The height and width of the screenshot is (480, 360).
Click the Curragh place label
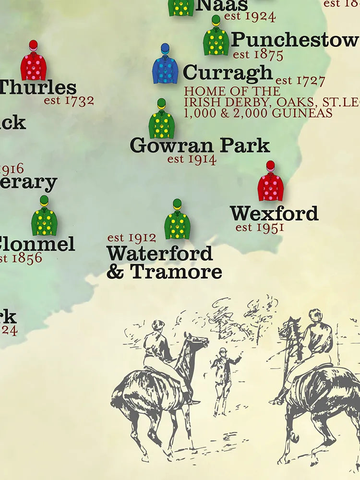click(x=228, y=73)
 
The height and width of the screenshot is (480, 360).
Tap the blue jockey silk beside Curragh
click(x=165, y=65)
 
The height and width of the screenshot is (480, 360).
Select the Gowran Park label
click(x=200, y=145)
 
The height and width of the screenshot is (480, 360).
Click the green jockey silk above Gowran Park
click(x=162, y=120)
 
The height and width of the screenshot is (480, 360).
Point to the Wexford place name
click(x=274, y=214)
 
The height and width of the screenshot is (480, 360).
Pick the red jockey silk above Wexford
click(x=271, y=182)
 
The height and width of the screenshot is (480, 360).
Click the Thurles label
click(x=37, y=88)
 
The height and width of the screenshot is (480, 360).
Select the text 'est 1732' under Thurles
click(x=69, y=101)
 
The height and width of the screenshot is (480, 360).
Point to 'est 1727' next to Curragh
click(x=300, y=81)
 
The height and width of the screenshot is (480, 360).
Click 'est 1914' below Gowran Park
click(x=192, y=159)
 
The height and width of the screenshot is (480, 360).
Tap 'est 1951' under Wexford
click(x=260, y=227)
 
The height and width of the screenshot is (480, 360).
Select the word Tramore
click(x=176, y=272)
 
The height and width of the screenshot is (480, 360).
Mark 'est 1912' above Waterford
click(x=132, y=238)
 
